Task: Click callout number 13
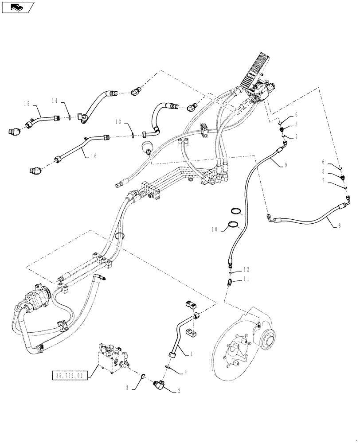pyautogui.click(x=118, y=121)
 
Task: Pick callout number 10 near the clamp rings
pyautogui.click(x=215, y=229)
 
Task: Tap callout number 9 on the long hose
pyautogui.click(x=285, y=165)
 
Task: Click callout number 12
pyautogui.click(x=247, y=269)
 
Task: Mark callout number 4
pyautogui.click(x=186, y=373)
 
